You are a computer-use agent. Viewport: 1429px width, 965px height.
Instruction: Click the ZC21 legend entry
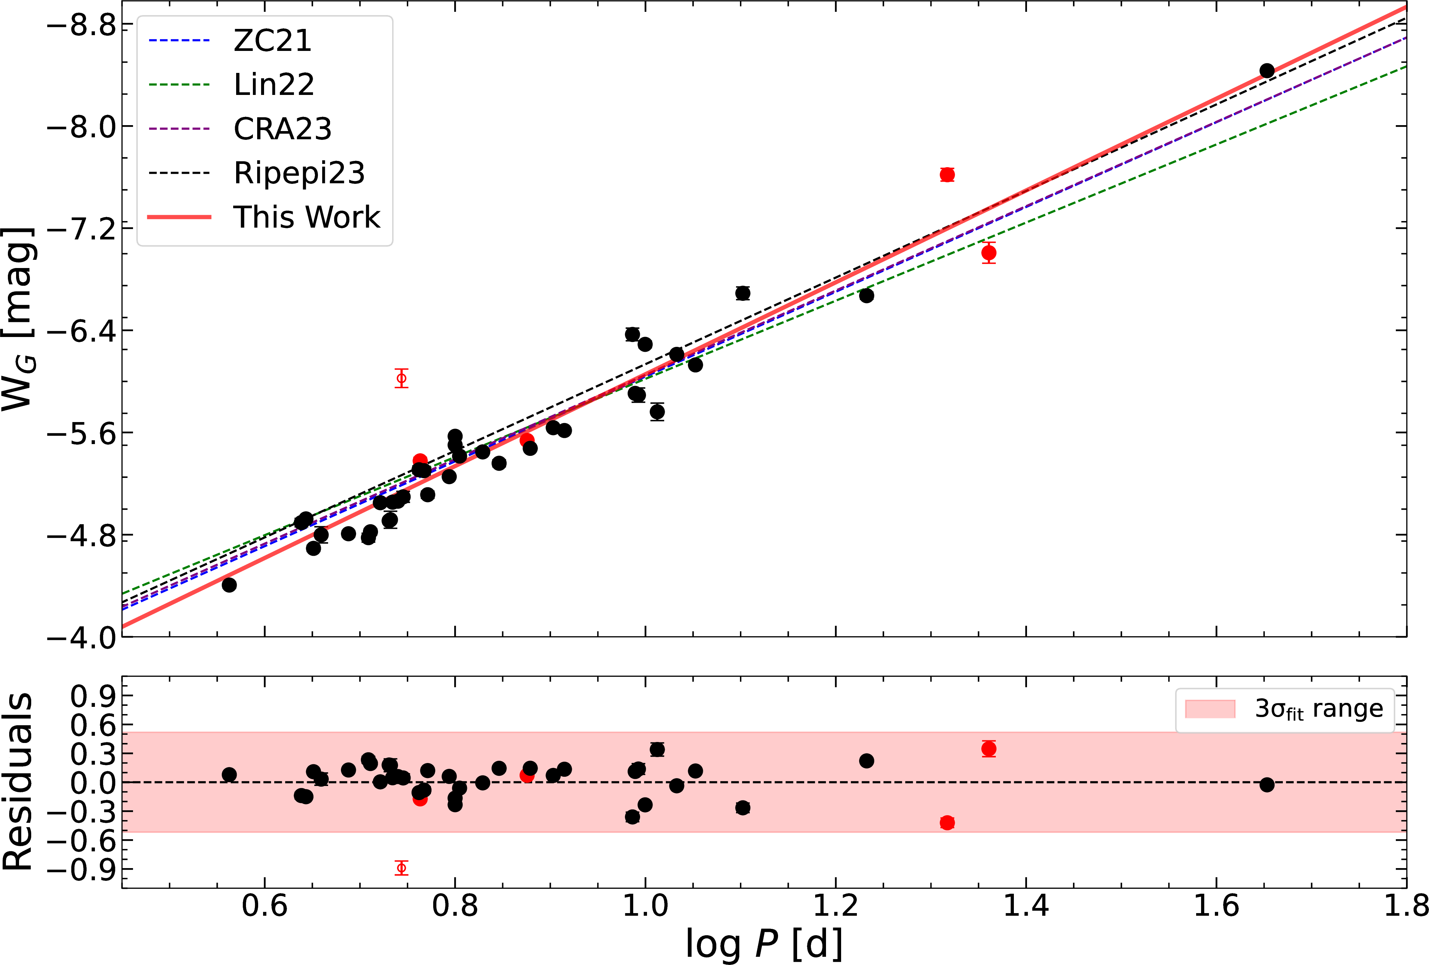pyautogui.click(x=272, y=41)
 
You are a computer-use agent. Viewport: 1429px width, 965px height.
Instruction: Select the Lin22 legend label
pyautogui.click(x=274, y=84)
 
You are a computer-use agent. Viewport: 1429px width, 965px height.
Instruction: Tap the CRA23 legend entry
pyautogui.click(x=282, y=128)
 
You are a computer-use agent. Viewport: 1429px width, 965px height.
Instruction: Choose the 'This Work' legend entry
pyautogui.click(x=306, y=217)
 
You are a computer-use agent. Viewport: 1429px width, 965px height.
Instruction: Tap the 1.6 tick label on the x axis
pyautogui.click(x=1216, y=907)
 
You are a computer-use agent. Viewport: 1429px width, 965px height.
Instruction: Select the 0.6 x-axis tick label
pyautogui.click(x=264, y=907)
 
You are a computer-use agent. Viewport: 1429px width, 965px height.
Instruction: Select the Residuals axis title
pyautogui.click(x=18, y=781)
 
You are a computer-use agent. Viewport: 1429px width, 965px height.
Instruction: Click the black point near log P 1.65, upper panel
pyautogui.click(x=1267, y=71)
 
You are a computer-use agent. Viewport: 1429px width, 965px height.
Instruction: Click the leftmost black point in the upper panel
pyautogui.click(x=229, y=585)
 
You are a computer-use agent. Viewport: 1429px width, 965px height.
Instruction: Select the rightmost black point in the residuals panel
pyautogui.click(x=1267, y=785)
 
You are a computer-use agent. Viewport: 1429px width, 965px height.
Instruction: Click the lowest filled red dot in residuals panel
pyautogui.click(x=947, y=823)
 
